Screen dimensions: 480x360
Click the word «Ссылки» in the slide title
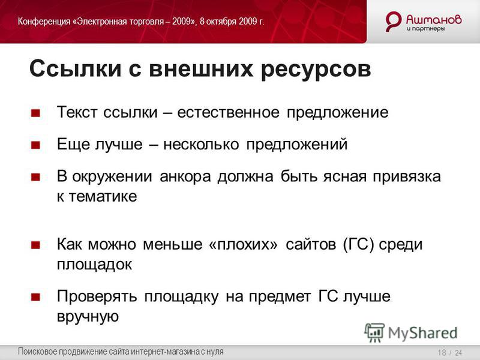76,68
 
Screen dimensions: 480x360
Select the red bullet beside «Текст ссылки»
36,113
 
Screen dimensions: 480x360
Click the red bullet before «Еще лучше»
36,145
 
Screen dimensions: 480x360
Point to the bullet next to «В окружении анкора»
36,177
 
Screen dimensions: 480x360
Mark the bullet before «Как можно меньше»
36,245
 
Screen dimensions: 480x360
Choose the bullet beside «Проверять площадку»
36,297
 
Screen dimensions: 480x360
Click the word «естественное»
228,113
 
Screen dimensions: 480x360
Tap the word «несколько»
201,145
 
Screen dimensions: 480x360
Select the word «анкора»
185,177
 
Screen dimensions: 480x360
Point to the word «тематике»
103,197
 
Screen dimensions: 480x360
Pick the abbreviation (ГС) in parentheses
359,245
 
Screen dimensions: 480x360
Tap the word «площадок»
95,265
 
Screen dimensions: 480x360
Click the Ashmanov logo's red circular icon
394,21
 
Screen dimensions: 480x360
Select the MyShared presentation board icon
374,332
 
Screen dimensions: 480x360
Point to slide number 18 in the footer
442,353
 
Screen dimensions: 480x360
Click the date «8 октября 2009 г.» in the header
232,22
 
